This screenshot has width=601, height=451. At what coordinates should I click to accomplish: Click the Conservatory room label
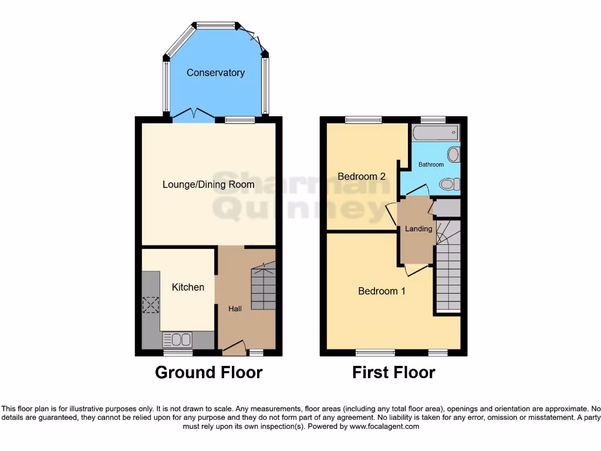click(x=215, y=73)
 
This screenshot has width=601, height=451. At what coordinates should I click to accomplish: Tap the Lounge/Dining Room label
click(x=208, y=184)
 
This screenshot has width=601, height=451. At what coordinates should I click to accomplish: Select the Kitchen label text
click(x=188, y=287)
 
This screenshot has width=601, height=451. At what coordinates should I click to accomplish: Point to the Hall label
click(x=235, y=308)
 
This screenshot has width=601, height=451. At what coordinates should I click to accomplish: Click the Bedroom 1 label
click(x=381, y=291)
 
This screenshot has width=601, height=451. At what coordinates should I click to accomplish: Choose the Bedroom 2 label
click(x=362, y=176)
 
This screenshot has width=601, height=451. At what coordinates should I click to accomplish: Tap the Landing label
click(x=418, y=228)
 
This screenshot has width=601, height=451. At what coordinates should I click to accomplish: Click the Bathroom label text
click(x=431, y=164)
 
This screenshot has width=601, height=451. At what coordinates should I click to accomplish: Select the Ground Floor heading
click(x=208, y=372)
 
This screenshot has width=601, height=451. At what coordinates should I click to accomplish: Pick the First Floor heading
click(x=393, y=372)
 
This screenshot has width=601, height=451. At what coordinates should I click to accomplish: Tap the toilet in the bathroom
click(x=448, y=185)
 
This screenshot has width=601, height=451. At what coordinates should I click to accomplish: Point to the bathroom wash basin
click(x=453, y=155)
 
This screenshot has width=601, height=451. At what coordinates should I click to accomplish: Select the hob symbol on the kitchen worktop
click(x=151, y=305)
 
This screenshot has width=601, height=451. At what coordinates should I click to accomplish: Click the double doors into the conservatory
click(x=194, y=114)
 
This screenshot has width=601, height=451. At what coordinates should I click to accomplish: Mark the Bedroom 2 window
click(x=363, y=120)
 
